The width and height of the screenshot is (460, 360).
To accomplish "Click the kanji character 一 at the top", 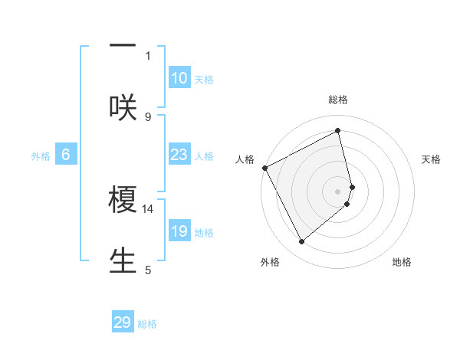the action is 123,45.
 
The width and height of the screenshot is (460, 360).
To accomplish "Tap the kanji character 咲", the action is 123,107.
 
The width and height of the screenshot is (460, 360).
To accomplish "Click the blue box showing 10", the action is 179,78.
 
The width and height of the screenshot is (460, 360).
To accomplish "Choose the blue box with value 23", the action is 179,155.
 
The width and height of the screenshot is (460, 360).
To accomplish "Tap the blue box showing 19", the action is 179,232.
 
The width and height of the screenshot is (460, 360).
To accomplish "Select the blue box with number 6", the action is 66,155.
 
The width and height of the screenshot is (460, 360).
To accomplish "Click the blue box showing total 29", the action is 123,322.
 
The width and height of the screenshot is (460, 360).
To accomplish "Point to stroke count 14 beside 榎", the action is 148,208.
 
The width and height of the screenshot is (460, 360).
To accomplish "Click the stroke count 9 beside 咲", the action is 148,116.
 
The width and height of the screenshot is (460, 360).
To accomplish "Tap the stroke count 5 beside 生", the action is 148,270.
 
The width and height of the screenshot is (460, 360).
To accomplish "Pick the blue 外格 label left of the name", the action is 41,156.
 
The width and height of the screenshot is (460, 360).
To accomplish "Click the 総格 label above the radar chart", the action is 338,100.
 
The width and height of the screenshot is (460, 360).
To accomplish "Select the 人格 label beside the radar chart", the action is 245,159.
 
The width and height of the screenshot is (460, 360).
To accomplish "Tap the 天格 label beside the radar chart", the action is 432,159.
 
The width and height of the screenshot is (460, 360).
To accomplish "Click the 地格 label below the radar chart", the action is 402,262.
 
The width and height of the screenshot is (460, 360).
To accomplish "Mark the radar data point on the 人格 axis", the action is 264,168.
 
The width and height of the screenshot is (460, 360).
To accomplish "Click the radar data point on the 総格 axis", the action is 338,131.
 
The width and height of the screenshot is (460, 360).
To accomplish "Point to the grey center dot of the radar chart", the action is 338,191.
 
